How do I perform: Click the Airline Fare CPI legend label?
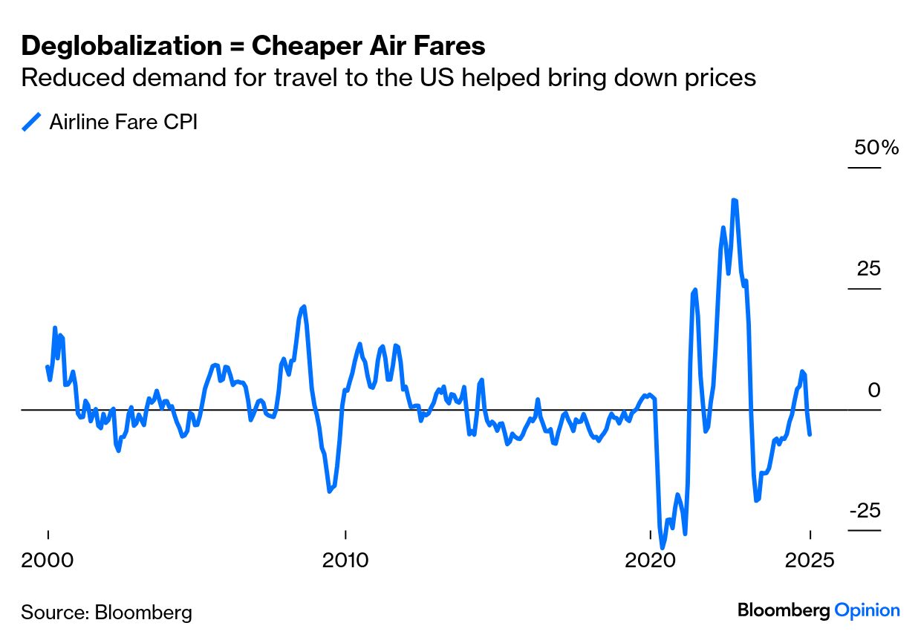coord(123,122)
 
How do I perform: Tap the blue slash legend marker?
coord(31,122)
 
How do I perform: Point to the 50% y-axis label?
coord(876,148)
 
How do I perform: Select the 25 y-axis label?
coord(868,269)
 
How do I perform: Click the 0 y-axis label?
coord(874,390)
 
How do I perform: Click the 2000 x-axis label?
coord(48,560)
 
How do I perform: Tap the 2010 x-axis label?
coord(345,560)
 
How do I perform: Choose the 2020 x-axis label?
coord(650,560)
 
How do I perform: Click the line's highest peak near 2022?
coord(734,200)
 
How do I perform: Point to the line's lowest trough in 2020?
coord(663,547)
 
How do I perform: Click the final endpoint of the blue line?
coord(810,434)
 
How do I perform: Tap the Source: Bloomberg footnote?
coord(106,613)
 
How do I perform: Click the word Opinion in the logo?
coord(867,610)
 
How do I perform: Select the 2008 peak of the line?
coord(304,307)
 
